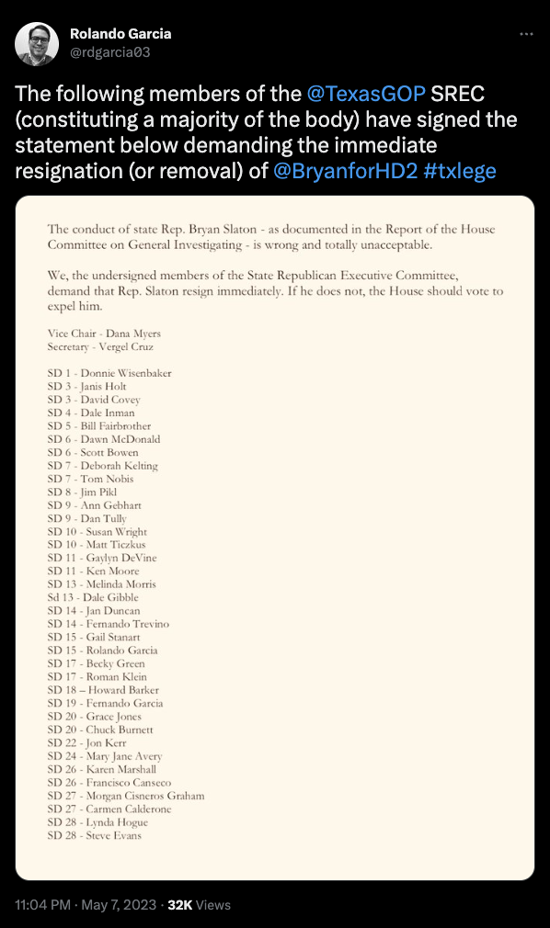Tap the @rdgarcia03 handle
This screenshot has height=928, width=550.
110,52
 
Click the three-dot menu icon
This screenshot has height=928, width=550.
526,34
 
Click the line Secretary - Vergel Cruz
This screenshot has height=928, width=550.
102,346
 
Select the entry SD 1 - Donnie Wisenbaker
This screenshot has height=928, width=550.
109,373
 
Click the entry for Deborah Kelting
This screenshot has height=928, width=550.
103,466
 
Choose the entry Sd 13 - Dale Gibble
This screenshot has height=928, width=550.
94,598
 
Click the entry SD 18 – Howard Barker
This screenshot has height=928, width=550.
103,690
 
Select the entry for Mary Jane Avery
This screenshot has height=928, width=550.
105,756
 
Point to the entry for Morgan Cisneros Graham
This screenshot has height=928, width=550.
126,796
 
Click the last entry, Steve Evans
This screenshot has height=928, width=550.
94,835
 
